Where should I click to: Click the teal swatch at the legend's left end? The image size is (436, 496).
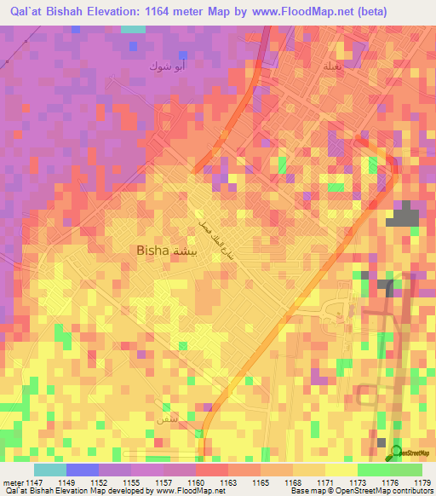pyautogui.click(x=49, y=470)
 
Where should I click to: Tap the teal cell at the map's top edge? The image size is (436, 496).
pyautogui.click(x=133, y=29)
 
